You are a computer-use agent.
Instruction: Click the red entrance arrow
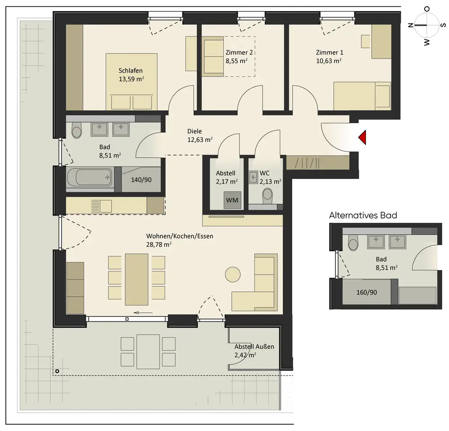[362, 137]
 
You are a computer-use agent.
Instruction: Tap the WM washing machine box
[232, 200]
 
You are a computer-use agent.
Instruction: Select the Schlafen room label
[131, 71]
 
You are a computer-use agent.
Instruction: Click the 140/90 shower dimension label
[141, 180]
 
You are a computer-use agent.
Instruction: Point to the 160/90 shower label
[366, 292]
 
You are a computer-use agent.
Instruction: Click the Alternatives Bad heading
[363, 215]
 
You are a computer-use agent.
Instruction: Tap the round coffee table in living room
[233, 275]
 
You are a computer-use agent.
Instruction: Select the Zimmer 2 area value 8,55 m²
[237, 61]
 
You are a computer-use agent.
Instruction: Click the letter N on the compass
[411, 25]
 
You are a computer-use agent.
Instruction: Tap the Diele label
[194, 131]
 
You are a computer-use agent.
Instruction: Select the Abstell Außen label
[254, 347]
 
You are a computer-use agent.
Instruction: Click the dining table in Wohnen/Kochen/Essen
[136, 280]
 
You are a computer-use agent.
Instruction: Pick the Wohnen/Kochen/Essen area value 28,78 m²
[159, 244]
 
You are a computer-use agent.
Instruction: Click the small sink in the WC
[253, 178]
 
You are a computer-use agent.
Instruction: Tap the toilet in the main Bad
[77, 130]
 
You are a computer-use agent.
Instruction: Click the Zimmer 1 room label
[329, 53]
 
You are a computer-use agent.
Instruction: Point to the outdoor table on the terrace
[148, 351]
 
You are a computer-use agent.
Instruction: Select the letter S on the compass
[443, 25]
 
